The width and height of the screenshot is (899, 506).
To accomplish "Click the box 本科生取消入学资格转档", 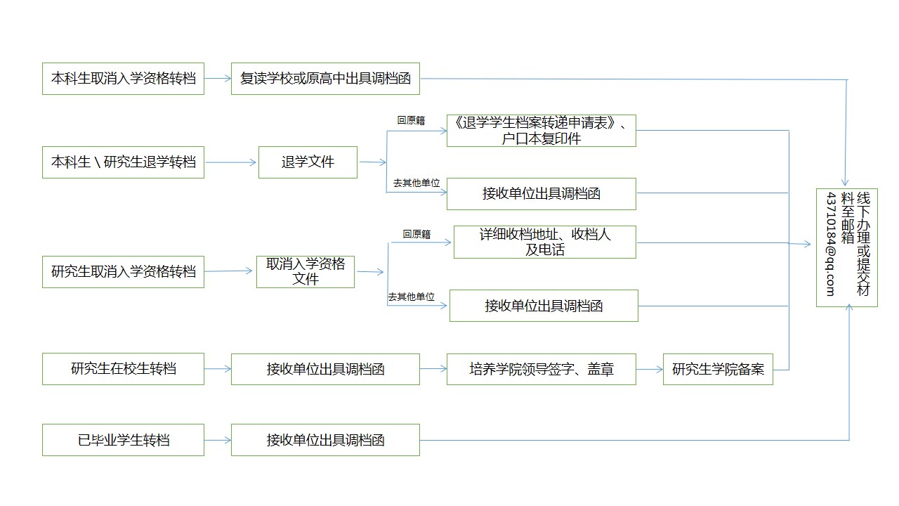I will tap(123, 79).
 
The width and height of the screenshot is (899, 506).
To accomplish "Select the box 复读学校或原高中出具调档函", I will tap(325, 79).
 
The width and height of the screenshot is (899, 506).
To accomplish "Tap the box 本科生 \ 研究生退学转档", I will tap(123, 162).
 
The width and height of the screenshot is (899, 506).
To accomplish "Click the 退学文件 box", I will tap(308, 162).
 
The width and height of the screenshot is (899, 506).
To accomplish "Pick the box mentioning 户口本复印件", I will tap(541, 131).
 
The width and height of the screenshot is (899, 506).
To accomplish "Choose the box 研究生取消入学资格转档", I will tap(123, 271).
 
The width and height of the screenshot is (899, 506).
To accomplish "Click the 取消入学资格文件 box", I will tap(306, 271).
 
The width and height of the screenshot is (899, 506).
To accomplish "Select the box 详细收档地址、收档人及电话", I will tap(544, 242).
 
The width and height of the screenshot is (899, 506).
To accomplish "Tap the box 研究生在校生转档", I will tap(123, 368).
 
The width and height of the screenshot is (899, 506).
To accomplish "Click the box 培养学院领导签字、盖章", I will tap(541, 368).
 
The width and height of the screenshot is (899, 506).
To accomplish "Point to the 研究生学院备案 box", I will tap(718, 368).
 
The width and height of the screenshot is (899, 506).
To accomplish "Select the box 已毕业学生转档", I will tap(123, 440).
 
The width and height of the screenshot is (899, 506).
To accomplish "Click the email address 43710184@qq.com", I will tap(831, 244).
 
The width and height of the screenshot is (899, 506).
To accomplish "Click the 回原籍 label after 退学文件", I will tap(411, 120).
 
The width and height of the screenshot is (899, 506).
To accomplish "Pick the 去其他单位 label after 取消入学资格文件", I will tap(411, 297).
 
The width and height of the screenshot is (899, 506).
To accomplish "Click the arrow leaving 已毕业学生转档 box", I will tap(218, 440).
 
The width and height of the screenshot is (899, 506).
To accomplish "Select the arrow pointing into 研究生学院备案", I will tap(649, 368).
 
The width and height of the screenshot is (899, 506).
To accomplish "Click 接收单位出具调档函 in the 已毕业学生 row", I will tap(325, 440).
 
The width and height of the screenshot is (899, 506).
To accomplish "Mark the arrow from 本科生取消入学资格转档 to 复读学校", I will tap(218, 79).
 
